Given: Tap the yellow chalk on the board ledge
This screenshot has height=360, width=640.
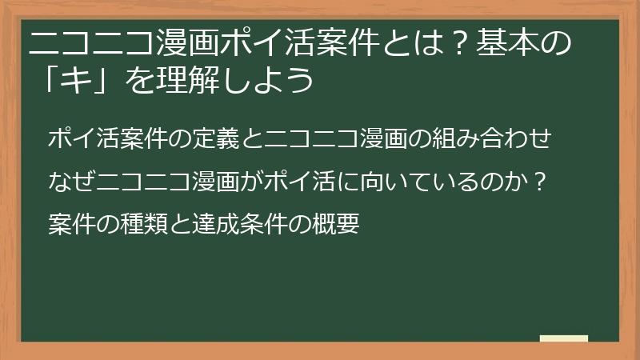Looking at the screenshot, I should click(564, 338).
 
